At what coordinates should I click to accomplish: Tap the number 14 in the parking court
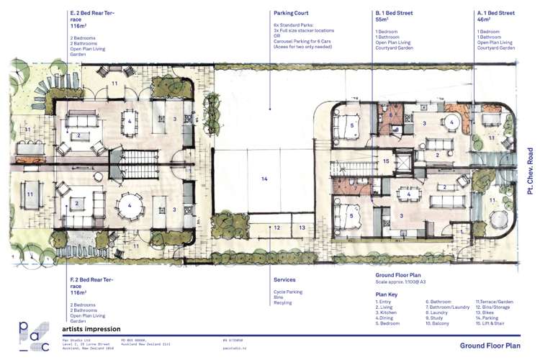click(264, 178)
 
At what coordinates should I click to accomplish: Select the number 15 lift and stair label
click(386, 161)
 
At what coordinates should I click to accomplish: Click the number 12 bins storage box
click(277, 228)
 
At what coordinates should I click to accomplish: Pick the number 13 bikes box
click(302, 228)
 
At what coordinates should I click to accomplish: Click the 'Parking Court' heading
click(292, 13)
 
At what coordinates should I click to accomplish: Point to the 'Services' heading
click(284, 280)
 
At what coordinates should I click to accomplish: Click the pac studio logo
click(35, 336)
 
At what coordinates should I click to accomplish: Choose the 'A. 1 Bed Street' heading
click(496, 13)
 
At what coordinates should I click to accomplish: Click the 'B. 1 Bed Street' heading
click(394, 13)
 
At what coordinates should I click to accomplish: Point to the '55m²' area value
click(382, 21)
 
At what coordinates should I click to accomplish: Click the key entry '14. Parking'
click(487, 318)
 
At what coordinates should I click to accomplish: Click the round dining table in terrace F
click(130, 205)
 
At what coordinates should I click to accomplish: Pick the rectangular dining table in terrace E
click(130, 121)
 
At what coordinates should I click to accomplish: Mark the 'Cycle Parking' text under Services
click(288, 292)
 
